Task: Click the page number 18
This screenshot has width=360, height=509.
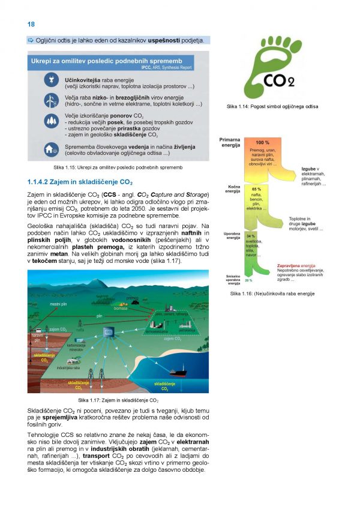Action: click(31, 24)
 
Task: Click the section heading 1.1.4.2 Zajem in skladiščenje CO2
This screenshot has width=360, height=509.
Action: click(80, 181)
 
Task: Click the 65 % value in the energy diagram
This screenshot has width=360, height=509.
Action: click(256, 189)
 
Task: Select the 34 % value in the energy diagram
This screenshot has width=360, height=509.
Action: click(251, 236)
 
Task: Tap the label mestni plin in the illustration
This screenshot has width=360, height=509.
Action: click(58, 304)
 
